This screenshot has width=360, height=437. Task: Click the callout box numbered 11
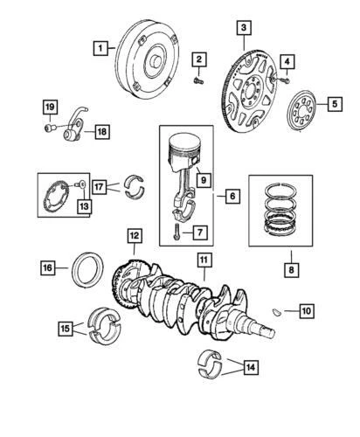(203, 260)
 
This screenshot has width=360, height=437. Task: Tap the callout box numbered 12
(134, 235)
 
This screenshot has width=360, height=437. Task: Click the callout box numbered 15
(65, 329)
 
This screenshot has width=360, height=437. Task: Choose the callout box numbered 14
(250, 368)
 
